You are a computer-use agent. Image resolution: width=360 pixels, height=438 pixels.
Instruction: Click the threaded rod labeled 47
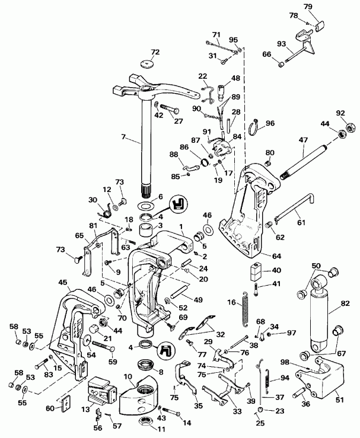302,154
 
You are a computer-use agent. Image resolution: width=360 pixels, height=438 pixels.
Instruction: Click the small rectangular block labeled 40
256,271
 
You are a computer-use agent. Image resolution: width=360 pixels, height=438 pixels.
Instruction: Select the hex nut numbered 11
145,423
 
